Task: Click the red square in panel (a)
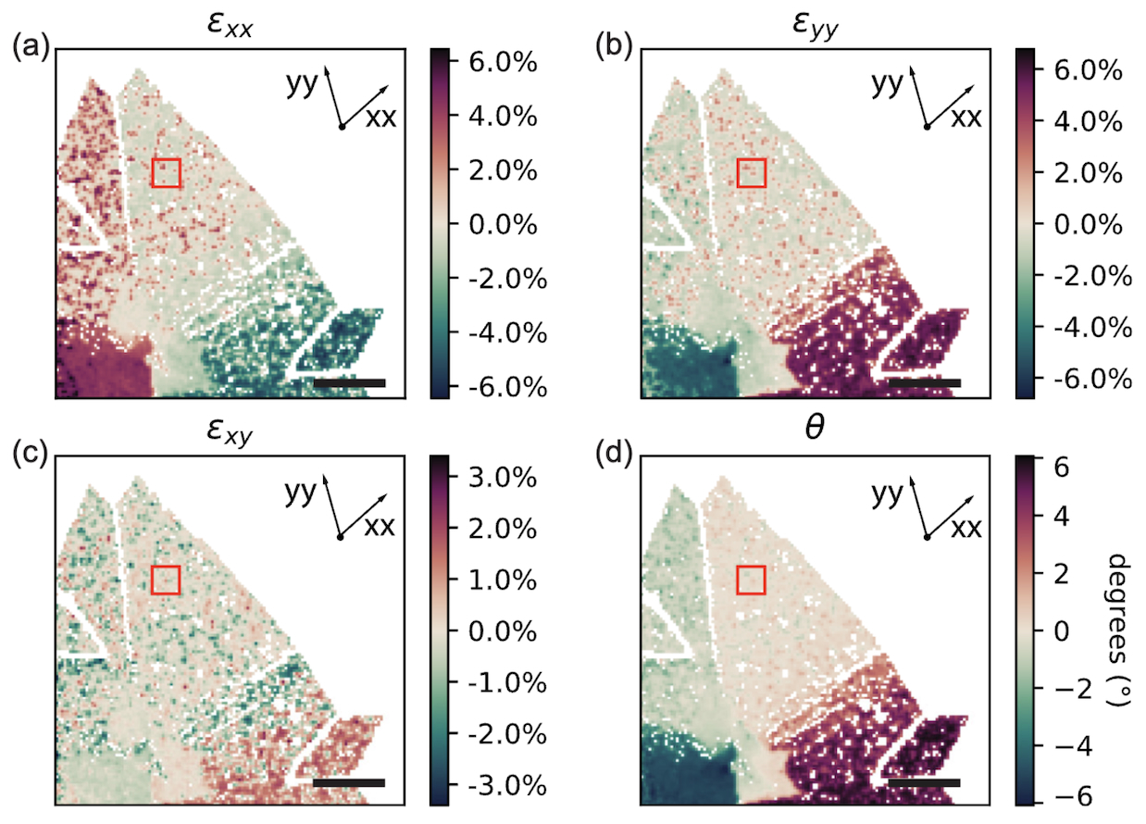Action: (x=166, y=172)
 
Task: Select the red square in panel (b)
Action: (x=751, y=172)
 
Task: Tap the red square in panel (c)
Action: (x=166, y=580)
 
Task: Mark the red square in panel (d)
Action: (x=751, y=580)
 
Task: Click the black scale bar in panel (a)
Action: (x=349, y=381)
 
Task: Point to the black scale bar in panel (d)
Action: (x=923, y=783)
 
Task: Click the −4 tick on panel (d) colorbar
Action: (x=1056, y=745)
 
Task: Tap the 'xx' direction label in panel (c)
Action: (x=380, y=528)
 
